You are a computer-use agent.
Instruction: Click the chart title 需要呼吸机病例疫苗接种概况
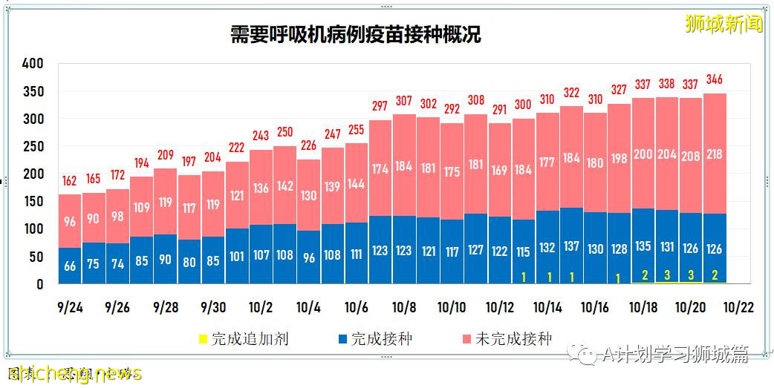click(x=355, y=35)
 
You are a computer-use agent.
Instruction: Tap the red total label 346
click(x=715, y=80)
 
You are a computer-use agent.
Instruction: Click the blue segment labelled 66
click(x=70, y=266)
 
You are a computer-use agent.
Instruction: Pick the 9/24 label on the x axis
click(x=70, y=308)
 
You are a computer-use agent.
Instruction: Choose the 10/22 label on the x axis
click(x=738, y=308)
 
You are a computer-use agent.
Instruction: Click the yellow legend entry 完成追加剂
click(x=242, y=340)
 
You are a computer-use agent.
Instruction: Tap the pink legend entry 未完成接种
click(x=505, y=340)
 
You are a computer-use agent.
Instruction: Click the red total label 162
click(x=70, y=181)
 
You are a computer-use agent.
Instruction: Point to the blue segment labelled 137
click(x=571, y=246)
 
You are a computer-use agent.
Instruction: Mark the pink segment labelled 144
click(x=357, y=183)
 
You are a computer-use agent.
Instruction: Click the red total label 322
click(x=571, y=93)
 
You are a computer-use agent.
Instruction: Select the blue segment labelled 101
click(x=237, y=257)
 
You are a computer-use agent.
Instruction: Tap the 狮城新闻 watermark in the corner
click(x=723, y=24)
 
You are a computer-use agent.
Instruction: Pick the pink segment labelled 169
click(x=500, y=170)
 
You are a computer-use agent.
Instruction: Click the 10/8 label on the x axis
click(x=404, y=308)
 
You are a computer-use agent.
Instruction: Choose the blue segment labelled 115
click(x=524, y=251)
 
